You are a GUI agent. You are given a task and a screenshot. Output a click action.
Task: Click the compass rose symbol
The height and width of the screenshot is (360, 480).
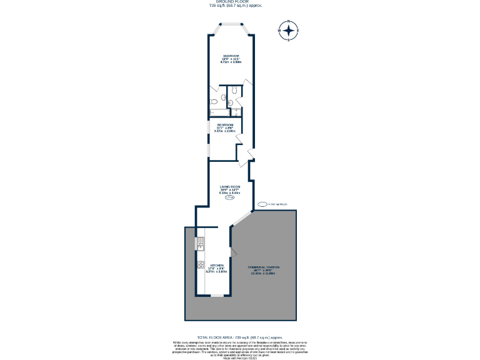click(x=288, y=31)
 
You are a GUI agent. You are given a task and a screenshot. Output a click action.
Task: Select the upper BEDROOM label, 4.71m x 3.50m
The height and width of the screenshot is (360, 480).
click(x=231, y=59)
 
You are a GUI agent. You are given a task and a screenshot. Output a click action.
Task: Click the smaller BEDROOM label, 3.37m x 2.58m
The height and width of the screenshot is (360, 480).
click(x=224, y=128)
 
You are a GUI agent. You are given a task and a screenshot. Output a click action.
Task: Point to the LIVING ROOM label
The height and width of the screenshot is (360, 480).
click(x=230, y=190)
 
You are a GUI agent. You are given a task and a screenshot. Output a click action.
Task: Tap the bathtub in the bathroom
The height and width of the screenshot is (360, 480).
click(x=214, y=112)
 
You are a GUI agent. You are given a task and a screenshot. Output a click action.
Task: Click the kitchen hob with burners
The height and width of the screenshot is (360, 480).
click(x=201, y=265)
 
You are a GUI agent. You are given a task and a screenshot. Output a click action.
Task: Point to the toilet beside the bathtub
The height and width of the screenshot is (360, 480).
click(x=214, y=101)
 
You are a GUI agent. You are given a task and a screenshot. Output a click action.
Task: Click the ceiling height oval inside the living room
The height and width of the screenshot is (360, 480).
click(x=229, y=197)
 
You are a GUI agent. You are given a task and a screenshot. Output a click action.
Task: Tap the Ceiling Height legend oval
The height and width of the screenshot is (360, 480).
click(x=261, y=204)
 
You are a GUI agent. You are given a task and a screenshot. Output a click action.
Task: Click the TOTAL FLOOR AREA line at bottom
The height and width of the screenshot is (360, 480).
click(x=240, y=336)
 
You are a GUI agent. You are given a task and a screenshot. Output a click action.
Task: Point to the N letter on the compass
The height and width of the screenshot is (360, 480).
click(x=288, y=22)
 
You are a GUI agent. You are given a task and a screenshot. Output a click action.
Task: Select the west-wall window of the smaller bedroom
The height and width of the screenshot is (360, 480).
click(x=209, y=137)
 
